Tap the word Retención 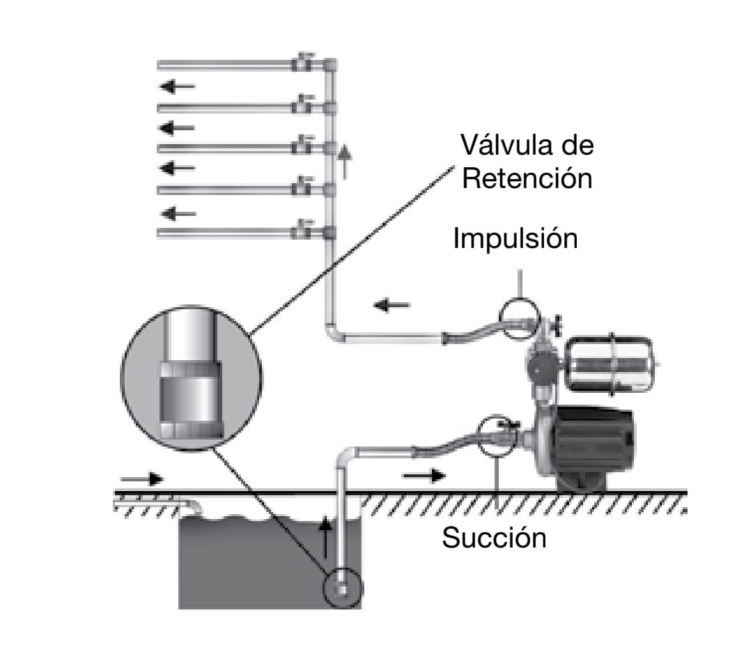click(527, 179)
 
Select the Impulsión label click(515, 239)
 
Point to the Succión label click(494, 538)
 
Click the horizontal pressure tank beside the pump click(610, 364)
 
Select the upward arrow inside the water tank click(325, 537)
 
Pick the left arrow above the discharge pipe click(391, 305)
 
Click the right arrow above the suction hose click(424, 476)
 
